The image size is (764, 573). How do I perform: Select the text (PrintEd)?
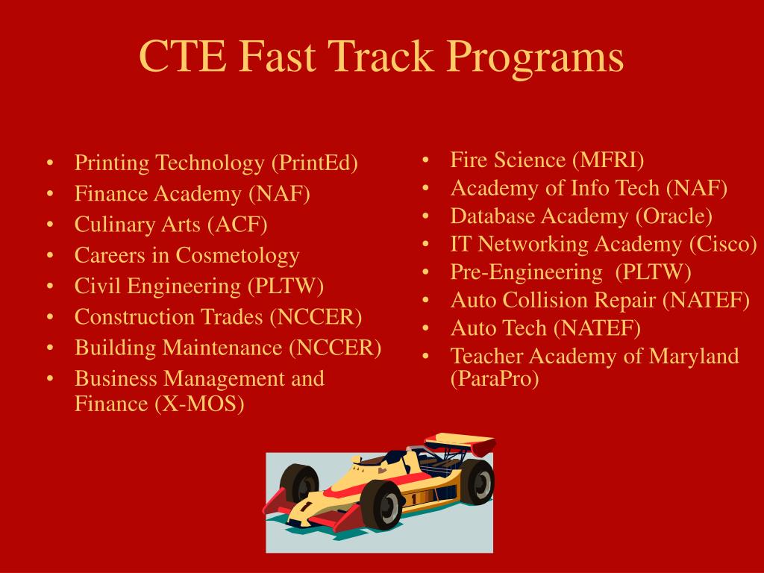[314, 163]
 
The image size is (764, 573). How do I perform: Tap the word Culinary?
[105, 224]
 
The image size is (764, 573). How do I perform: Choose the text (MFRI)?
[609, 160]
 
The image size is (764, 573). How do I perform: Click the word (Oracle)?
[674, 216]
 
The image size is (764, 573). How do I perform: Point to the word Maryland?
[694, 356]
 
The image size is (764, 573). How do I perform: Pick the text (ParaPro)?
[494, 379]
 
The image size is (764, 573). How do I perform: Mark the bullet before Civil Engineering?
[49, 287]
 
